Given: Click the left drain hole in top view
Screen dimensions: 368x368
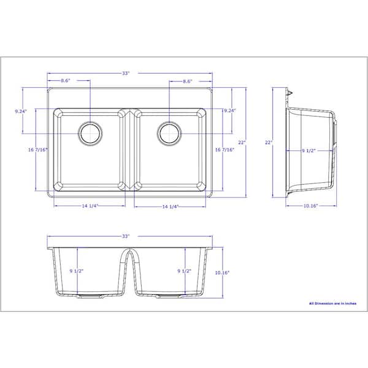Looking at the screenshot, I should (91, 133).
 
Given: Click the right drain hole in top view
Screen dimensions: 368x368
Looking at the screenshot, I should (169, 133).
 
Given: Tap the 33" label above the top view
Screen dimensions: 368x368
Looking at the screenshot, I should (126, 74).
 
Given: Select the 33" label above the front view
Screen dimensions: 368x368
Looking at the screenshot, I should (126, 236).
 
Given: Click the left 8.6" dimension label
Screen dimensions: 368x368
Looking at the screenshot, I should (66, 81).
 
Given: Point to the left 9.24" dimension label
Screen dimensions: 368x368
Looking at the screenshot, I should (20, 112).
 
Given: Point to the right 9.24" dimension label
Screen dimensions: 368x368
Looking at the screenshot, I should (230, 111).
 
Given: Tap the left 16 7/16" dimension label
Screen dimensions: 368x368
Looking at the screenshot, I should (37, 150).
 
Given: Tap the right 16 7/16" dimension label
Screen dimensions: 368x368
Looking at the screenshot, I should (224, 150).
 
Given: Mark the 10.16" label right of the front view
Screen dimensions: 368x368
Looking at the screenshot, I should (221, 273).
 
